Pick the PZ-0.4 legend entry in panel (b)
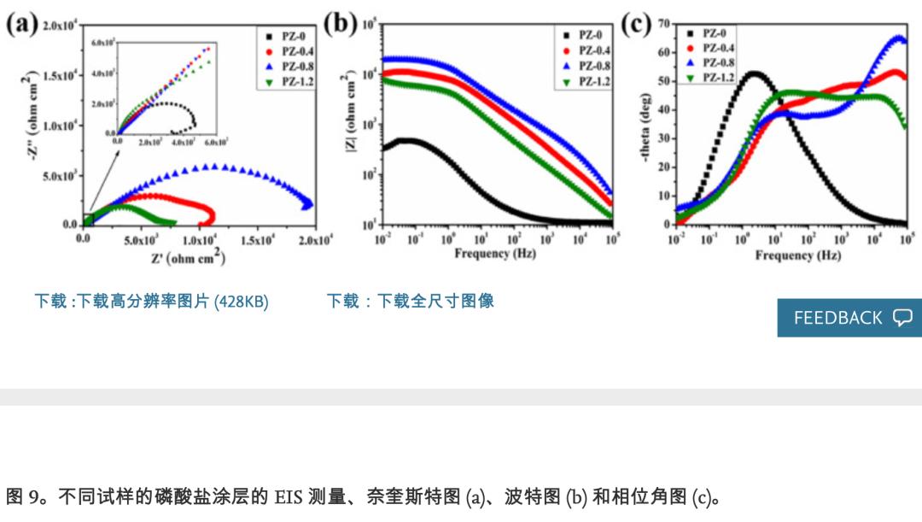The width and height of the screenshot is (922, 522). [588, 50]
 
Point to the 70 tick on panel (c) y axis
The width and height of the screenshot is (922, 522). [663, 23]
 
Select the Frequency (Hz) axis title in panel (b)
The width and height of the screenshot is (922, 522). [495, 255]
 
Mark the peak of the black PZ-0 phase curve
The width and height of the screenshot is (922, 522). [752, 73]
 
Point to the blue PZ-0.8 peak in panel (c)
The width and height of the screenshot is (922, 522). [898, 38]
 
